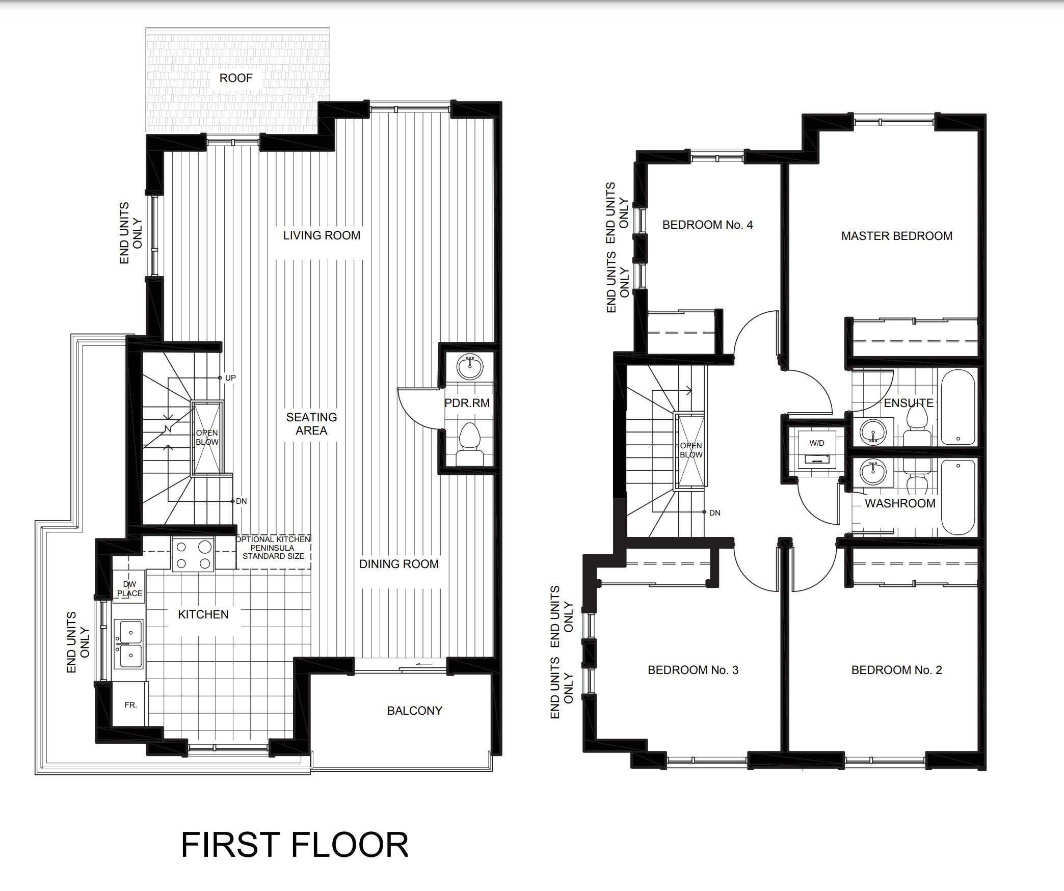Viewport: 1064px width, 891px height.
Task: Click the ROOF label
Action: coord(236,78)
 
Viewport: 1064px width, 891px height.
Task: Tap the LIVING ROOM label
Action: coord(322,235)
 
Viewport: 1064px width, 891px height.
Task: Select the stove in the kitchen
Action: coord(193,554)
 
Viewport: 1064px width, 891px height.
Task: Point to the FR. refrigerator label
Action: coord(130,706)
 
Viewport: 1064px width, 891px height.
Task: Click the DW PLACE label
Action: coord(130,589)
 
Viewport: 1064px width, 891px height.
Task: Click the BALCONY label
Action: coord(415,711)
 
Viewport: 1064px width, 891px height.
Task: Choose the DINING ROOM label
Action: coord(399,564)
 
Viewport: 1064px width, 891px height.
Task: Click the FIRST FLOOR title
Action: coord(295,845)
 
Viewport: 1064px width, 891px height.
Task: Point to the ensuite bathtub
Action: coord(958,410)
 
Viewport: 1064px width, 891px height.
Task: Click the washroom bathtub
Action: coord(958,497)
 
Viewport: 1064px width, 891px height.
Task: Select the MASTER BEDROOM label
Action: coord(897,236)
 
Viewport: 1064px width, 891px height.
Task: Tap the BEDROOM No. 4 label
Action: coord(707,225)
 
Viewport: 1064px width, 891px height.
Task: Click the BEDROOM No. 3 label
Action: coord(693,670)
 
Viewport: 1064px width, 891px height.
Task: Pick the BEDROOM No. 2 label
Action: coord(897,670)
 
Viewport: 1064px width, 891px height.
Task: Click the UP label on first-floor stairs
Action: coord(230,378)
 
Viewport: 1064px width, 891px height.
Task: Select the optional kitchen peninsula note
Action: coord(274,548)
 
